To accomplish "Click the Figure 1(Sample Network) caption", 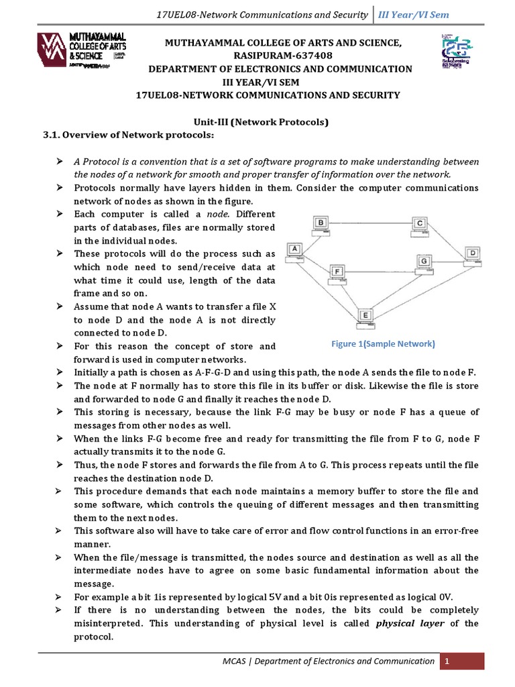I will click(383, 343).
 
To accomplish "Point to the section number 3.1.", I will click(54, 136).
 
